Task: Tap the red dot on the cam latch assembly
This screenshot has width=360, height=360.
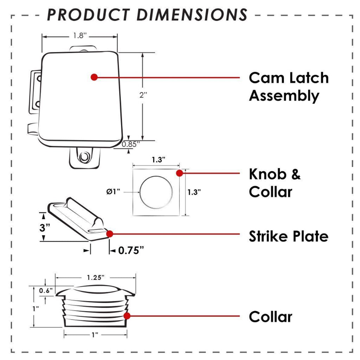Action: pyautogui.click(x=94, y=77)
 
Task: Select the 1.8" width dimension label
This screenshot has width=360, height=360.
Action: pyautogui.click(x=80, y=36)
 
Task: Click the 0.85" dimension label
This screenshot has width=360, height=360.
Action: pyautogui.click(x=131, y=143)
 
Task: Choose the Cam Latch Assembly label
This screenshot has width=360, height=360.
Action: pyautogui.click(x=289, y=86)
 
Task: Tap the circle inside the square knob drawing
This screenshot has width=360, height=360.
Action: pyautogui.click(x=156, y=192)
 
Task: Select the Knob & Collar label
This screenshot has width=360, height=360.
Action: pyautogui.click(x=275, y=183)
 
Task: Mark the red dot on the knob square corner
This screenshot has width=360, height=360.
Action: pyautogui.click(x=179, y=173)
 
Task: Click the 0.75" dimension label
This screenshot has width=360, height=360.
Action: pyautogui.click(x=131, y=250)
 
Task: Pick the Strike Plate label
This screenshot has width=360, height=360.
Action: pyautogui.click(x=288, y=236)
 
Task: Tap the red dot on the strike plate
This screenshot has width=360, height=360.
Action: pyautogui.click(x=110, y=233)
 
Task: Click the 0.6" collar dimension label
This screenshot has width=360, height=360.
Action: pyautogui.click(x=46, y=290)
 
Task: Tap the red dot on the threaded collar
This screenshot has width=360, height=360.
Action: pyautogui.click(x=127, y=316)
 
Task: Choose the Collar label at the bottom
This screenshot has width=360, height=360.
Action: pyautogui.click(x=270, y=317)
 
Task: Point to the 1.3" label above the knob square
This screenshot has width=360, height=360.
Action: pyautogui.click(x=159, y=160)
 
